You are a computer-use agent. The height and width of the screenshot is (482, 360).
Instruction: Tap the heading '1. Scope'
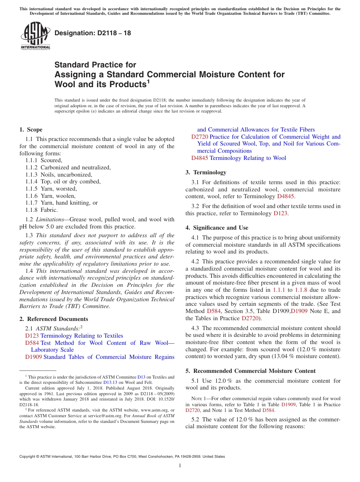(31, 130)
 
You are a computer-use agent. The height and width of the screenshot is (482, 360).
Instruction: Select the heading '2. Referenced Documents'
(53, 319)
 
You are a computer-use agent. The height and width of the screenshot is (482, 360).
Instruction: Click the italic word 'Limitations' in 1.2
(52, 219)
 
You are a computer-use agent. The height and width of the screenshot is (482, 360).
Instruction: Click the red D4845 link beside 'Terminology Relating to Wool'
(199, 158)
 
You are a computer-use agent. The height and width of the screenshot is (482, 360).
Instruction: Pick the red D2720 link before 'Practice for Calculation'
(199, 137)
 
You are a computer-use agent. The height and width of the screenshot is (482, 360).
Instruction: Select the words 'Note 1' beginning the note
(199, 399)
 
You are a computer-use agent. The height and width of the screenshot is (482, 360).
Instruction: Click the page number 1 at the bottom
(180, 466)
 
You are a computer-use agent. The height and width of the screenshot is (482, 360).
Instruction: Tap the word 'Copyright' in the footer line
(28, 457)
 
